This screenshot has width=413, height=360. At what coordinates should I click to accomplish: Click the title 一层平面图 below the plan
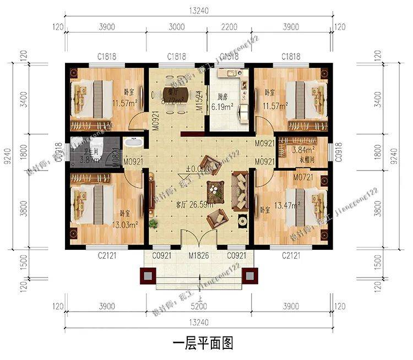203,343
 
